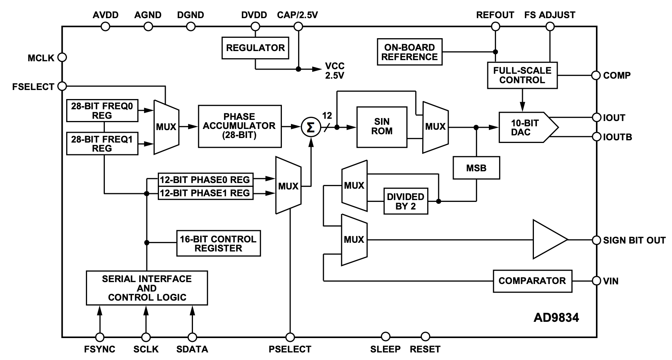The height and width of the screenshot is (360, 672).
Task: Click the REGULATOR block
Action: click(x=255, y=48)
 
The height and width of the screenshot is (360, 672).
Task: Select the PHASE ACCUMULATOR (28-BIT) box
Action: click(x=240, y=126)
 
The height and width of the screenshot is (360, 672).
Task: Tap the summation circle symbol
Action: click(x=311, y=127)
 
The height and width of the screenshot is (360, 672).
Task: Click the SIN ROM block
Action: click(x=382, y=127)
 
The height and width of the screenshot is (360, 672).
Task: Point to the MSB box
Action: click(x=476, y=168)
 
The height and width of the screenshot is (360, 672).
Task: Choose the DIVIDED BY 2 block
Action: click(x=406, y=201)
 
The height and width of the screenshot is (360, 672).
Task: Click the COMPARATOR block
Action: click(x=532, y=281)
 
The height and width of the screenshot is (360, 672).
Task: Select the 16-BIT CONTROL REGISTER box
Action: click(x=219, y=243)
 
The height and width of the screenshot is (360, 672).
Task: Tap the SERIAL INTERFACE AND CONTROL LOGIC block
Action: click(x=147, y=288)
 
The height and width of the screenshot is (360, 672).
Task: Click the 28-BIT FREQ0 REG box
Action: click(x=102, y=110)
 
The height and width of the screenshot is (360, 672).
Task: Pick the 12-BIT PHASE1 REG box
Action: click(x=205, y=193)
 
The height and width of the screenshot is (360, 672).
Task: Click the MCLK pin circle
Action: click(x=62, y=57)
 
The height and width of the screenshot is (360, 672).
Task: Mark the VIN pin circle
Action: click(x=597, y=281)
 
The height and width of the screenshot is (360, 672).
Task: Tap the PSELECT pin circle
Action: click(x=290, y=337)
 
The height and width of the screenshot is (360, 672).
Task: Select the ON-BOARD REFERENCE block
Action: click(x=410, y=52)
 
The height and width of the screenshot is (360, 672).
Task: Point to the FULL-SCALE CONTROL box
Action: click(x=522, y=75)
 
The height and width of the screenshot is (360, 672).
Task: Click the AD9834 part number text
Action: click(x=556, y=318)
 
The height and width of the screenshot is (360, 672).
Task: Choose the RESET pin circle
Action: click(x=425, y=337)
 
